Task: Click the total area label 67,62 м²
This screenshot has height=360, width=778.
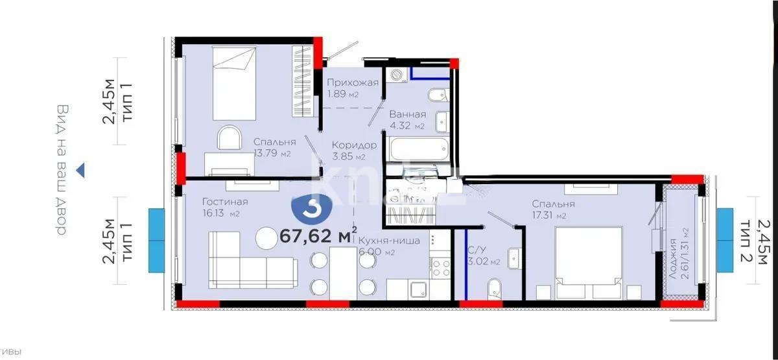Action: [x=319, y=235]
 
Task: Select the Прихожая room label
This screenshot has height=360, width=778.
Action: [x=352, y=83]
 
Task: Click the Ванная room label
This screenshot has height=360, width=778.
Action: [x=407, y=115]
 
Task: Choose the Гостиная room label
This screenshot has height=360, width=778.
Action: [x=224, y=202]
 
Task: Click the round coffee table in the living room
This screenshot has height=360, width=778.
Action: [x=268, y=238]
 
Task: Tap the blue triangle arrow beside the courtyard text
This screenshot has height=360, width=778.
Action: [x=81, y=171]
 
